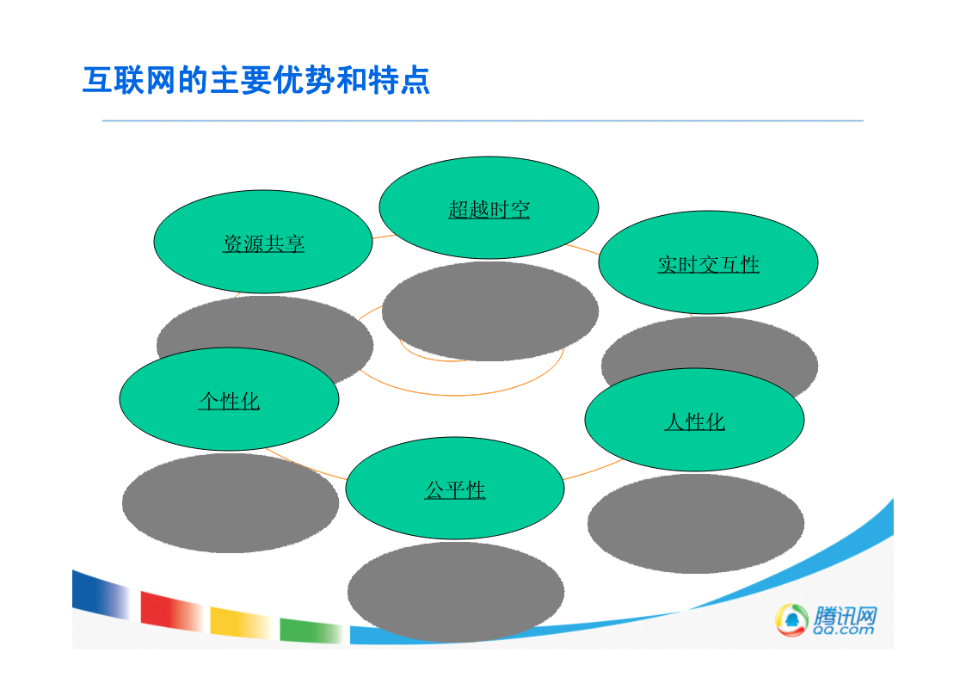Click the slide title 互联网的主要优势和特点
(x=255, y=81)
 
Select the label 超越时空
(x=489, y=209)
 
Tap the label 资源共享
(x=263, y=243)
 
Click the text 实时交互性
(x=708, y=264)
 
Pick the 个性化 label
(x=229, y=401)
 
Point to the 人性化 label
(x=694, y=421)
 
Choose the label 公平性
(x=455, y=490)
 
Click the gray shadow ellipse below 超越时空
(x=489, y=311)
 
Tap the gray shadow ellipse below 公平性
(x=455, y=591)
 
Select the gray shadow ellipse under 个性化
(x=230, y=502)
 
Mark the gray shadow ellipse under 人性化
(x=696, y=524)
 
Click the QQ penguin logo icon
(x=791, y=619)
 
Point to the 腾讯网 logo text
(x=845, y=615)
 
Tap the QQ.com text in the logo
(x=843, y=630)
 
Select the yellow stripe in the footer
(x=242, y=623)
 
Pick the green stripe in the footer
(x=311, y=631)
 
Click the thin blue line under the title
(x=483, y=120)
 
